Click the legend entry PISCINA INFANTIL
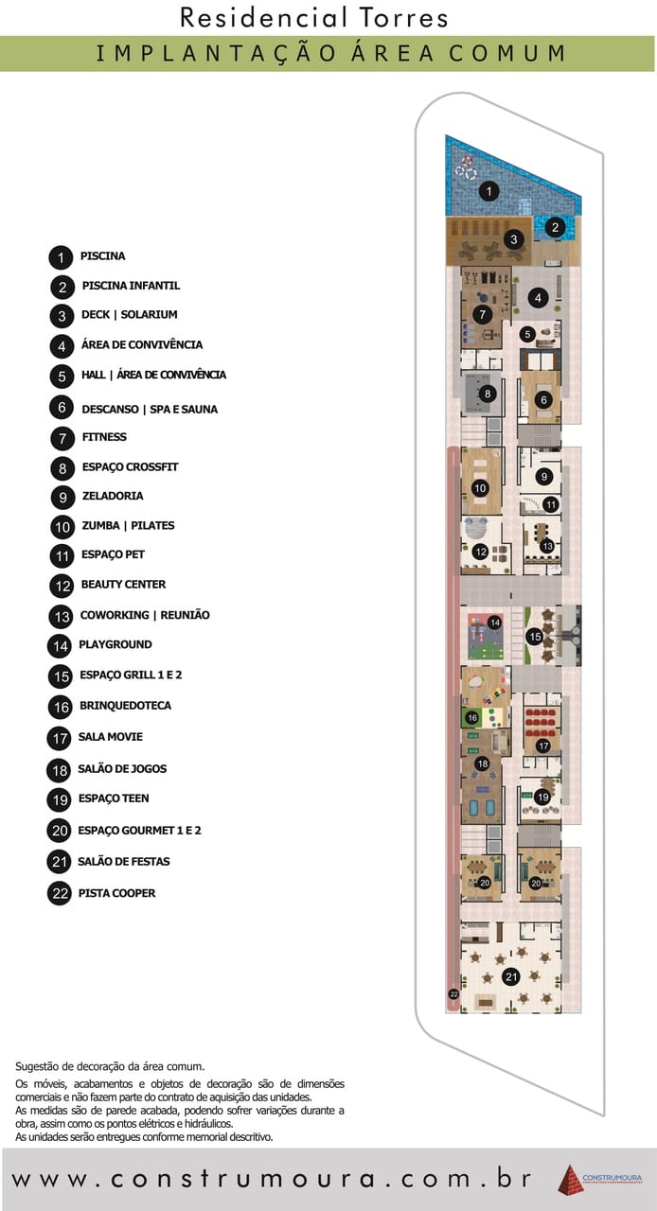[131, 286]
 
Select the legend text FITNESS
[104, 437]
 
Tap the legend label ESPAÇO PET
[113, 554]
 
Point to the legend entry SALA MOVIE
[111, 737]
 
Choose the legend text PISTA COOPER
[116, 893]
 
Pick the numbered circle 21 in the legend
[60, 863]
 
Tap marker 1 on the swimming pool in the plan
[488, 191]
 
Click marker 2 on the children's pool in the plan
[555, 227]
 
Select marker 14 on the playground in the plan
[494, 623]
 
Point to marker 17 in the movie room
[542, 746]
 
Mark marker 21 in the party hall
[511, 976]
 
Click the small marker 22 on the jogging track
[453, 994]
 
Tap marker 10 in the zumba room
[480, 488]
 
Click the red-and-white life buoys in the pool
[465, 167]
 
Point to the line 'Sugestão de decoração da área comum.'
[110, 1065]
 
